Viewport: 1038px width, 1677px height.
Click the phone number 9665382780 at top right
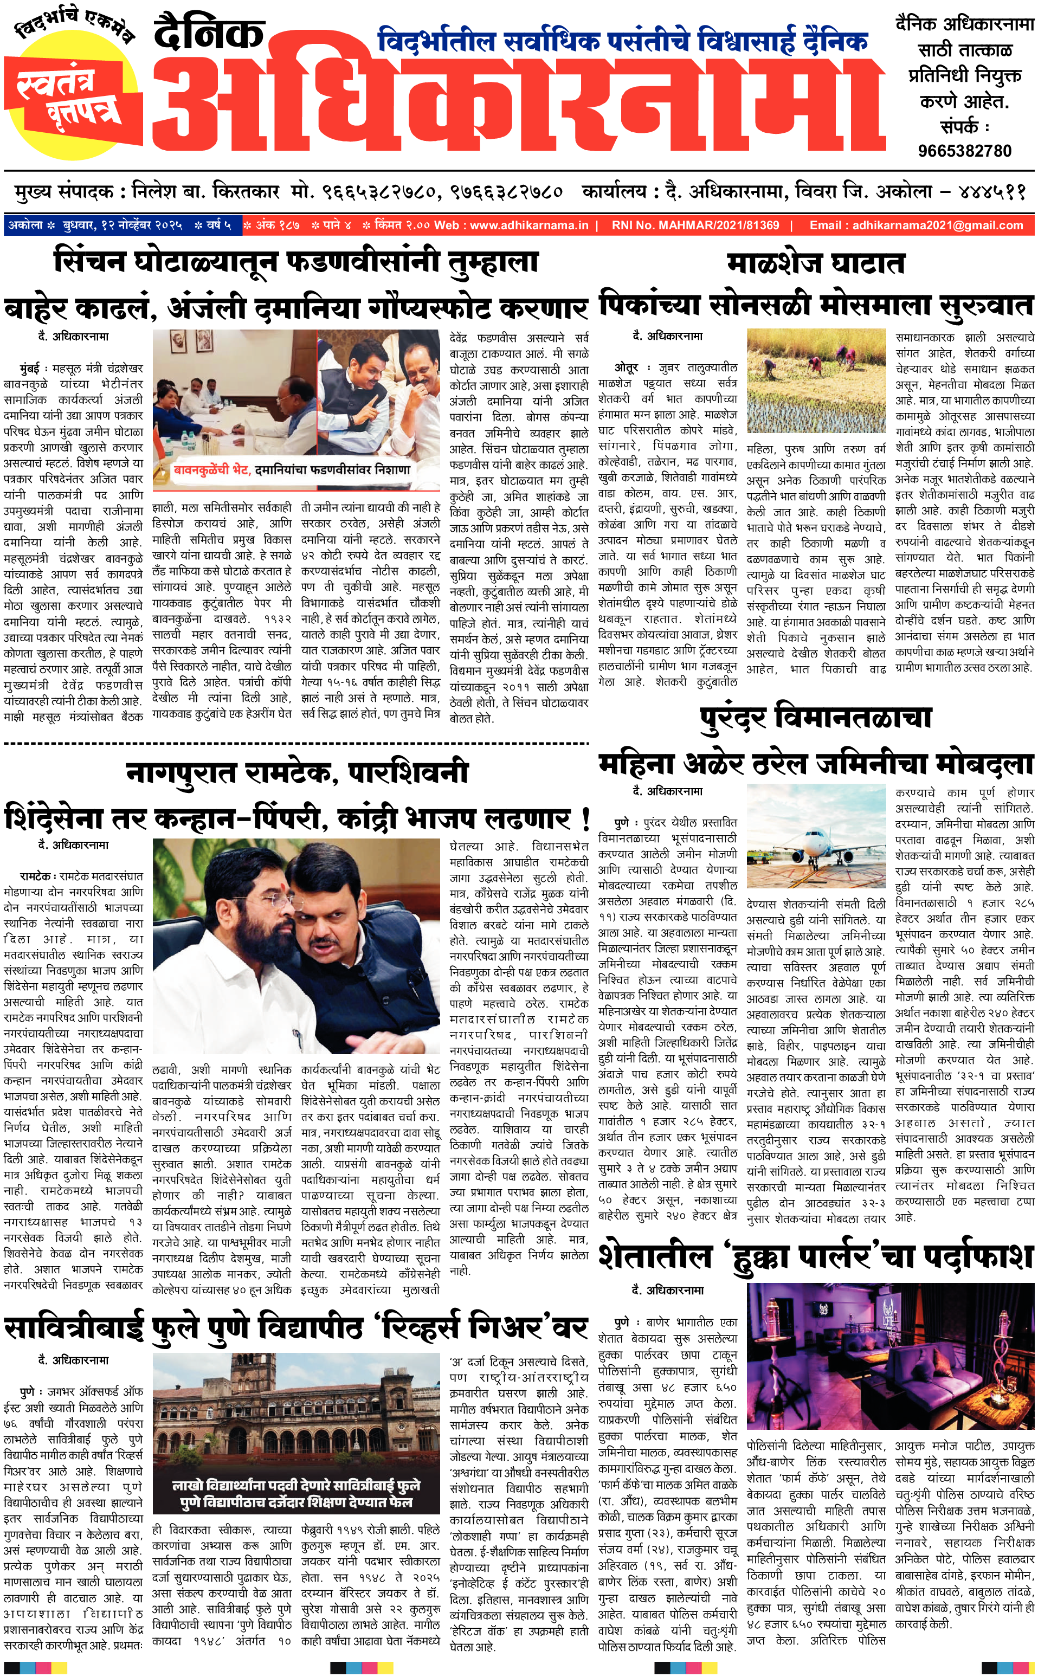point(964,151)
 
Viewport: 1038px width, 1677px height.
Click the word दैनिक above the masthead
point(209,34)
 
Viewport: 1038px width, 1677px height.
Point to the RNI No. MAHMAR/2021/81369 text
point(695,225)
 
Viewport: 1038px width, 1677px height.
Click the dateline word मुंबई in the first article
point(29,369)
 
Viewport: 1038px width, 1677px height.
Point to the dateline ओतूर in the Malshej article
point(626,368)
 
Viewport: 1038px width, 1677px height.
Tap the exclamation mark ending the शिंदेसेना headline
point(585,819)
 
